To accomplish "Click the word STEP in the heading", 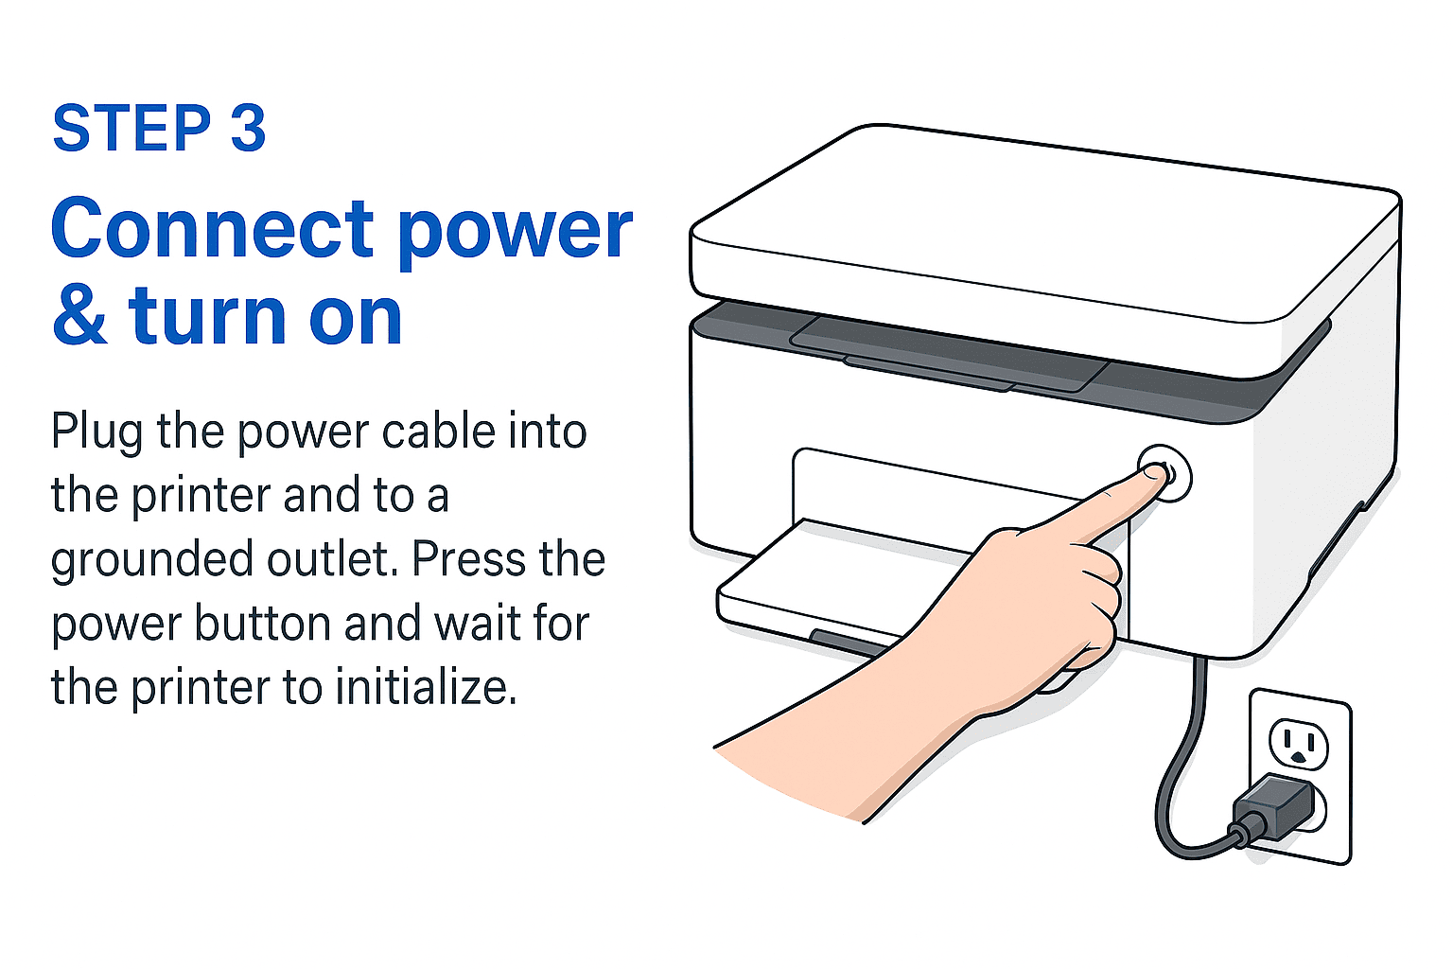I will pos(131,129).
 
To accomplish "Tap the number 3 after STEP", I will pos(249,129).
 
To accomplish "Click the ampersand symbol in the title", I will pos(79,316).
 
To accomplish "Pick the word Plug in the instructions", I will pos(96,432).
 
